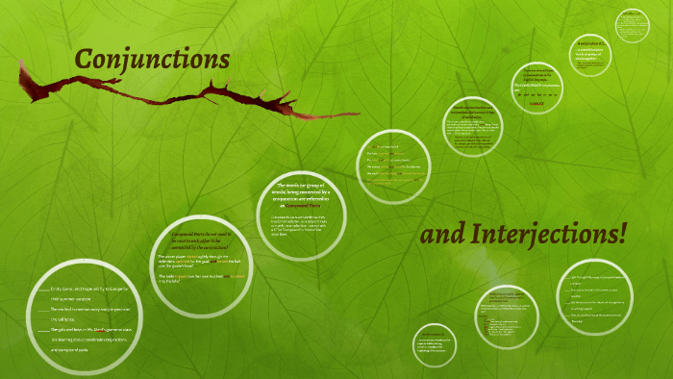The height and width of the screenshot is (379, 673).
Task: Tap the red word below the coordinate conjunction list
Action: [537, 102]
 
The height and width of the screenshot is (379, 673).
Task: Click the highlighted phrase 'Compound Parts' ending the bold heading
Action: [300, 206]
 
